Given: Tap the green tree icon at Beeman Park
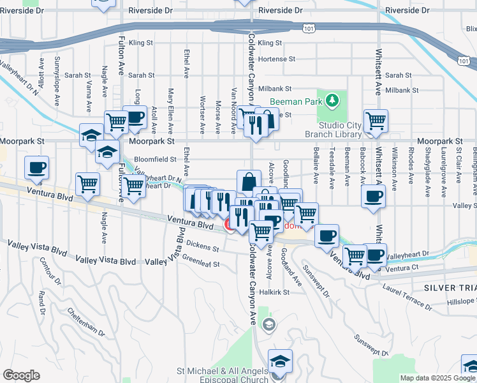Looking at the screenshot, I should click(331, 101).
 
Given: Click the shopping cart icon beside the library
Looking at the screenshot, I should click(376, 121).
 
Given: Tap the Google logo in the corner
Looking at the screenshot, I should click(21, 375).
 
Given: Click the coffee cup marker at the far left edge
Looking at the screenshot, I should click(36, 168).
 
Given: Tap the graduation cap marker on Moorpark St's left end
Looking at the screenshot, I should click(92, 135).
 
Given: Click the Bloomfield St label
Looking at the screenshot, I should click(154, 160).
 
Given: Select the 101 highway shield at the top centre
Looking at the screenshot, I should click(309, 28).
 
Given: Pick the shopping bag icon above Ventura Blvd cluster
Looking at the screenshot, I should click(248, 182).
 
